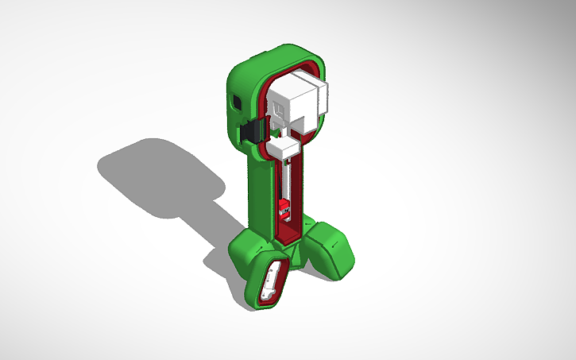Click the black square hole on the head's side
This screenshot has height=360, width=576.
tap(235, 103)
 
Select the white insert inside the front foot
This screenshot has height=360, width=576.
tap(272, 282)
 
